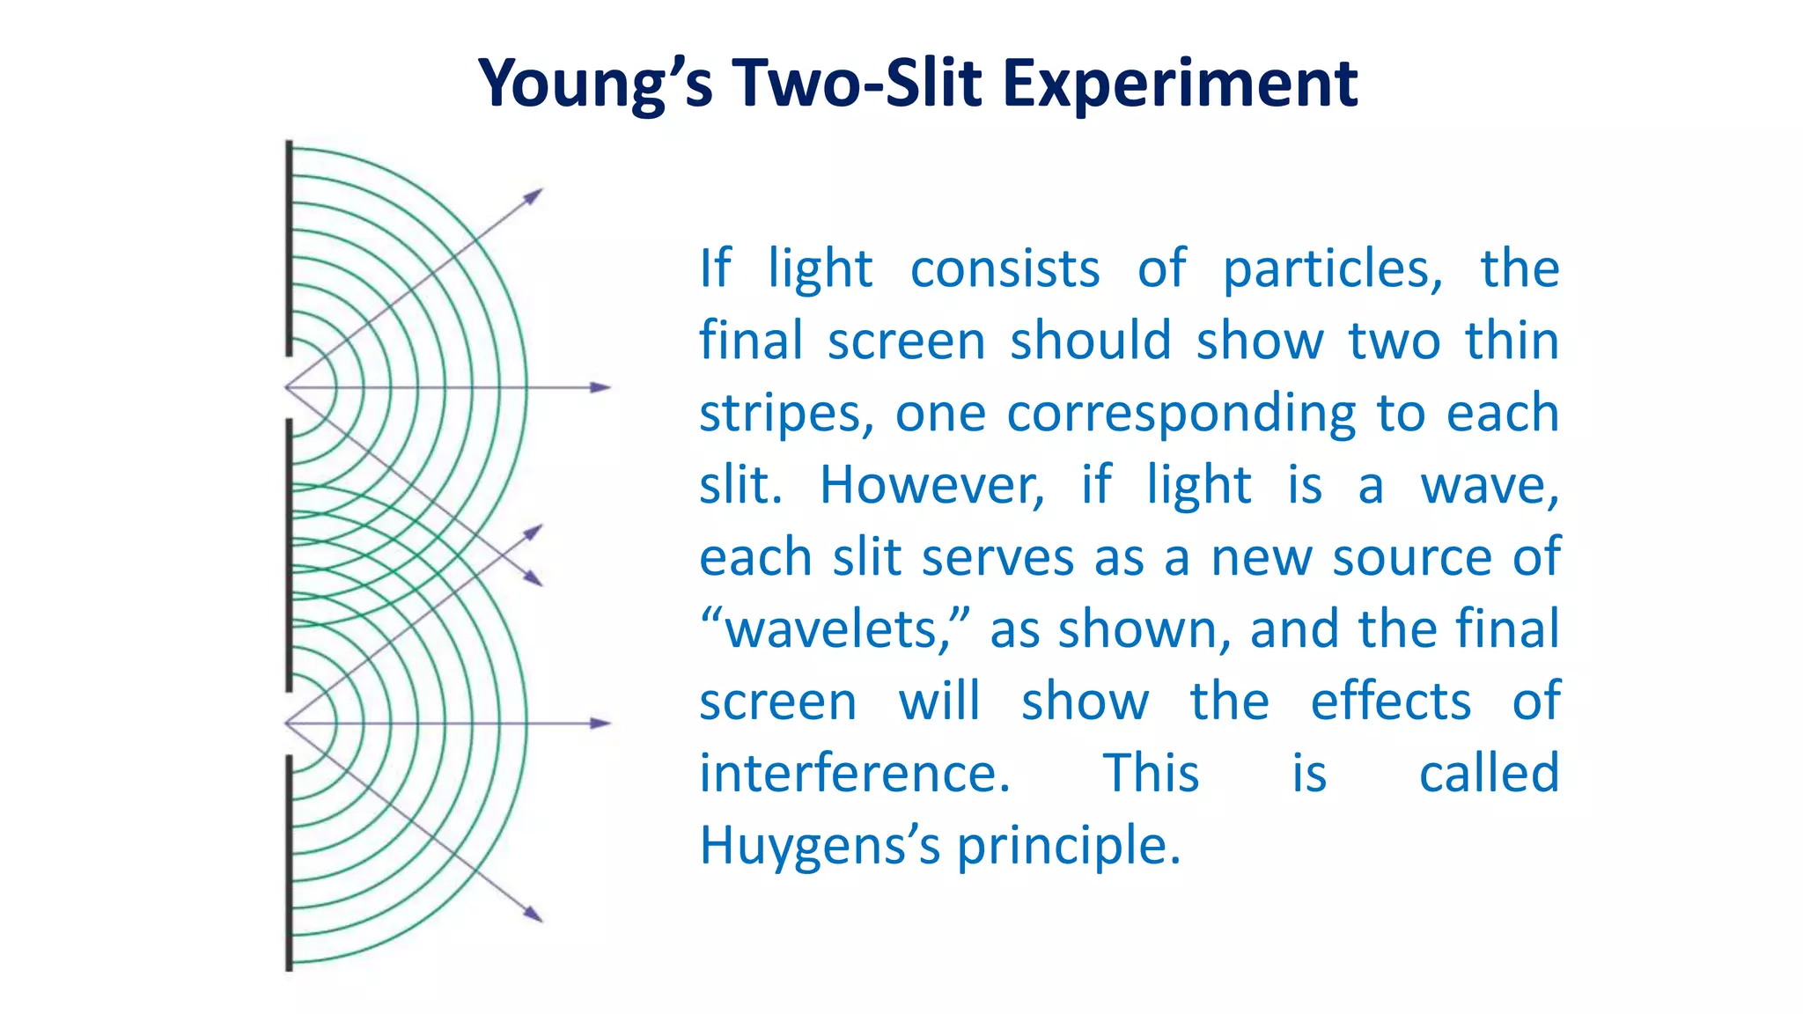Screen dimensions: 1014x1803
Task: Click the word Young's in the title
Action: click(x=594, y=84)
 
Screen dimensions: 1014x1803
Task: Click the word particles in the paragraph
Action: click(x=1332, y=268)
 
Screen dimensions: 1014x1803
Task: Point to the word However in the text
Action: click(x=931, y=485)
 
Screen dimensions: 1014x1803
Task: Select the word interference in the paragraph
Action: click(x=854, y=774)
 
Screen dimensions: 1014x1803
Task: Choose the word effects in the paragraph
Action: click(x=1391, y=702)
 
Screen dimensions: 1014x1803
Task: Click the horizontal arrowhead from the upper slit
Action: click(x=600, y=387)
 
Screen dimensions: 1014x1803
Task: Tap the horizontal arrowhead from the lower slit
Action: click(x=600, y=724)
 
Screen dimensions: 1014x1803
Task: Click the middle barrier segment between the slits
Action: click(x=289, y=555)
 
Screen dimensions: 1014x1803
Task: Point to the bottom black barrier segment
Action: click(x=289, y=863)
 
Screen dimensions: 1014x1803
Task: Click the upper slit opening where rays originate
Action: click(x=289, y=387)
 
